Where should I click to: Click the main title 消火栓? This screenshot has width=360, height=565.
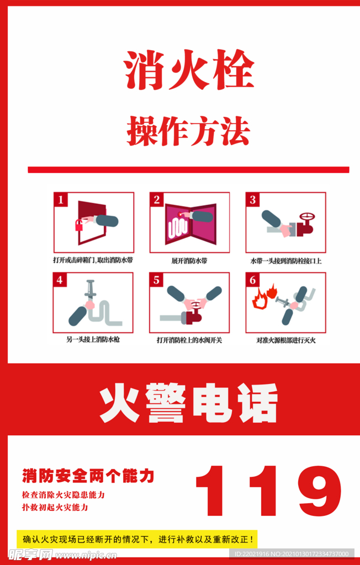188,71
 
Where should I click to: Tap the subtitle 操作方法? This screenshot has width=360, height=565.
188,131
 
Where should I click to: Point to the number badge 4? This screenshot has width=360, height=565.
61,280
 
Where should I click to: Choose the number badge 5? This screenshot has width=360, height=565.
157,280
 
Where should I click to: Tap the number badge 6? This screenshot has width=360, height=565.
253,280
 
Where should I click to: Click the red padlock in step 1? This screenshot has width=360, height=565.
79,225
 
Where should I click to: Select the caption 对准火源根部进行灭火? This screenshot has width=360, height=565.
285,340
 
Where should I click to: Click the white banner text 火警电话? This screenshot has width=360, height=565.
188,404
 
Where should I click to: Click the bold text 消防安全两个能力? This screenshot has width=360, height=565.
88,475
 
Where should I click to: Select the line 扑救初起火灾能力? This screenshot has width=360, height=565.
55,507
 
